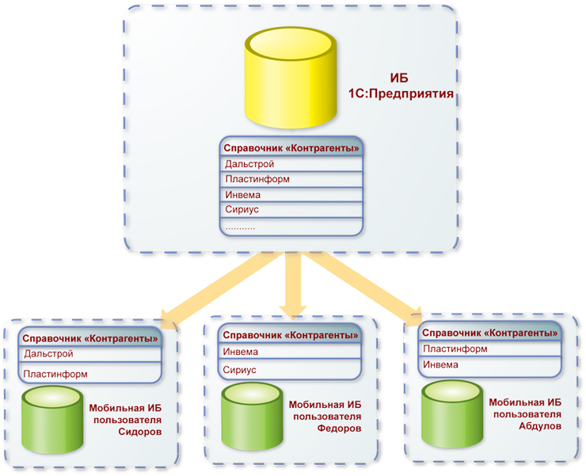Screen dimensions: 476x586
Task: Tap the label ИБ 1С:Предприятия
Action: [401, 86]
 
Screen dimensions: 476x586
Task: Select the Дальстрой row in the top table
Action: [291, 164]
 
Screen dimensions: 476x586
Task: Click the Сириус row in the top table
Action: [291, 210]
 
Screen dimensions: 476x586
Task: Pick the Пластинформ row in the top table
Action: [291, 179]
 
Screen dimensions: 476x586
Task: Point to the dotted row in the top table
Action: [291, 226]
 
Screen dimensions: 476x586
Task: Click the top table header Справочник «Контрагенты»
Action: [291, 147]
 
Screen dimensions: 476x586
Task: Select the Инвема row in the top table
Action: [291, 195]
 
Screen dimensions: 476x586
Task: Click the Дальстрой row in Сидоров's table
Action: [89, 353]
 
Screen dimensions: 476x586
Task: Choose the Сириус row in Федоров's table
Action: [290, 369]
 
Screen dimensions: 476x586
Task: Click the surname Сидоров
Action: [139, 432]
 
